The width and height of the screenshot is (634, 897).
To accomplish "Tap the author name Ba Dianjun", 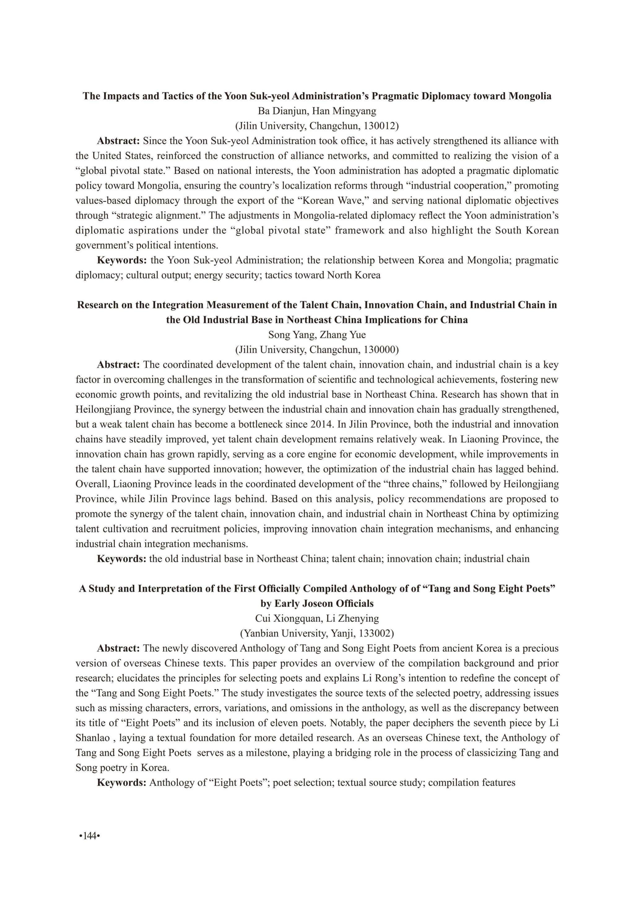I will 282,111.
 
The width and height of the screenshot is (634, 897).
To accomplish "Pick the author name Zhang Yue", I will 343,335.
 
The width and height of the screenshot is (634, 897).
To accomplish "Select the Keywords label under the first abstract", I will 121,260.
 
